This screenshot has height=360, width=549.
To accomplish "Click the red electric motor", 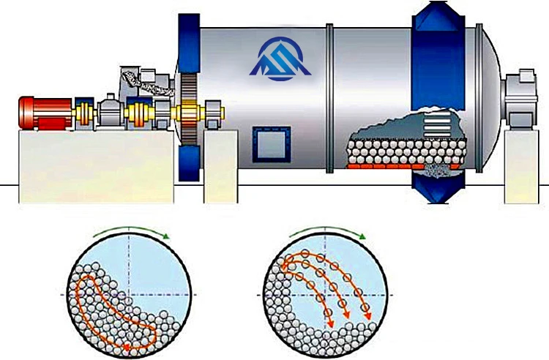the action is (44, 113).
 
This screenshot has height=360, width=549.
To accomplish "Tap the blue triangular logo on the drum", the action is (281, 58).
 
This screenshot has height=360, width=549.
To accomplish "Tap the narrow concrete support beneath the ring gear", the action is (219, 168).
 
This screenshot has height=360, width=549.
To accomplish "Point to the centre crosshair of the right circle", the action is (323, 293).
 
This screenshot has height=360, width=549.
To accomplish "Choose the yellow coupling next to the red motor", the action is (82, 113).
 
